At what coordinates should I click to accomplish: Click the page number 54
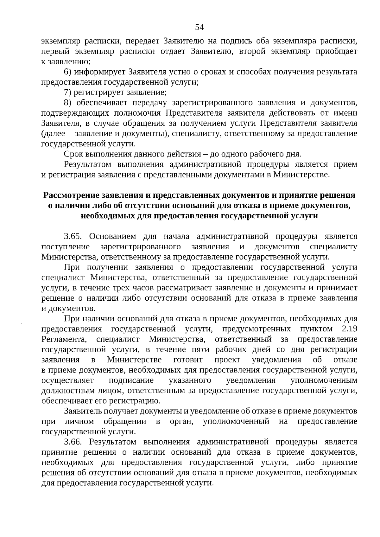click(x=199, y=27)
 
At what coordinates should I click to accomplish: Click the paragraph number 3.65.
click(x=73, y=236)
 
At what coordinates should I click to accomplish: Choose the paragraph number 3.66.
click(x=73, y=442)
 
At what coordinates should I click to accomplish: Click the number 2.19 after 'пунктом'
click(x=350, y=329)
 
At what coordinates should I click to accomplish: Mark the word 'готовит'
click(x=188, y=360)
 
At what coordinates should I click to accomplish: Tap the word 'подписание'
click(x=131, y=380)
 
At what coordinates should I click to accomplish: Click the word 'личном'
click(x=79, y=422)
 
